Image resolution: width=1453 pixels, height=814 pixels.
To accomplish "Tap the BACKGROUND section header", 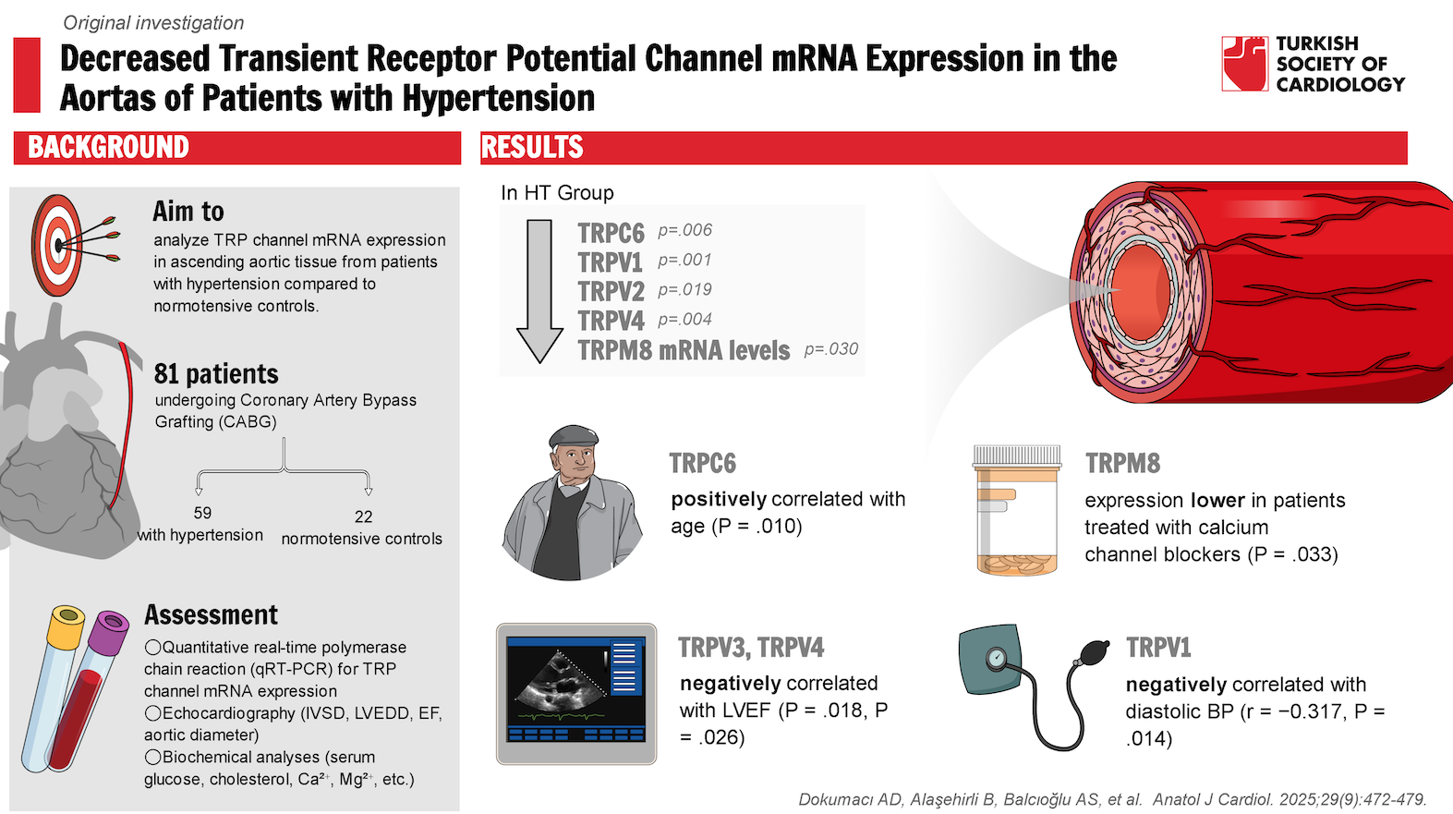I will pos(108,148).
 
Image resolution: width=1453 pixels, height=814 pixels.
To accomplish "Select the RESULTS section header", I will pos(532,148).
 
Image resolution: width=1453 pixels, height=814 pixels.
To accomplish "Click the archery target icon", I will pos(57,245).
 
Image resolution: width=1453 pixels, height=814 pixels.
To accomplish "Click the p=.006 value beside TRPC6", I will pos(684,230).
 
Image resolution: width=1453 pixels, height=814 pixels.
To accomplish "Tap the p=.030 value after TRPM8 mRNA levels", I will pos(830,349).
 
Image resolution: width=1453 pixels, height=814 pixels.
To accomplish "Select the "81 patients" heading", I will pos(216,374).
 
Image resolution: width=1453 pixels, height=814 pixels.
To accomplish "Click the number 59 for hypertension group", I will pos(202,513).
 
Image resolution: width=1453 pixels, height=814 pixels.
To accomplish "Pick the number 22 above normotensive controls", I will pos(364,516).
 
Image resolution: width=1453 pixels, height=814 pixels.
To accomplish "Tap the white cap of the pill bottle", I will pos(1017,455).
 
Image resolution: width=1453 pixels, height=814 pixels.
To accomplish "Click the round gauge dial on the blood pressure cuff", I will pos(996,658).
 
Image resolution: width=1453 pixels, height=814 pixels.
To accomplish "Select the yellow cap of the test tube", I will pos(67,626).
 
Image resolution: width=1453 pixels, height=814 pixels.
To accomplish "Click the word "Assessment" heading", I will pos(211,615).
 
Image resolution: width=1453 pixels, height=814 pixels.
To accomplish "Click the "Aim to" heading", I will pos(188,212).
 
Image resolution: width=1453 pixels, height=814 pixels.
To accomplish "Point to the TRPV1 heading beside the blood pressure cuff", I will pos(1158,648).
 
